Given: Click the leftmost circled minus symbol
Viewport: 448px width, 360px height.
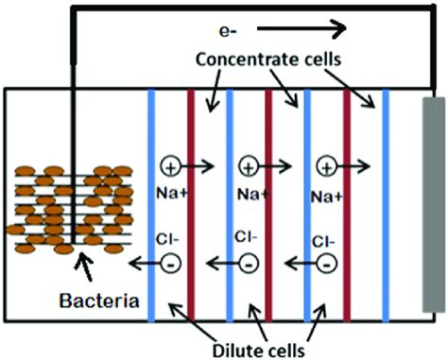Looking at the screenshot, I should [171, 262].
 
